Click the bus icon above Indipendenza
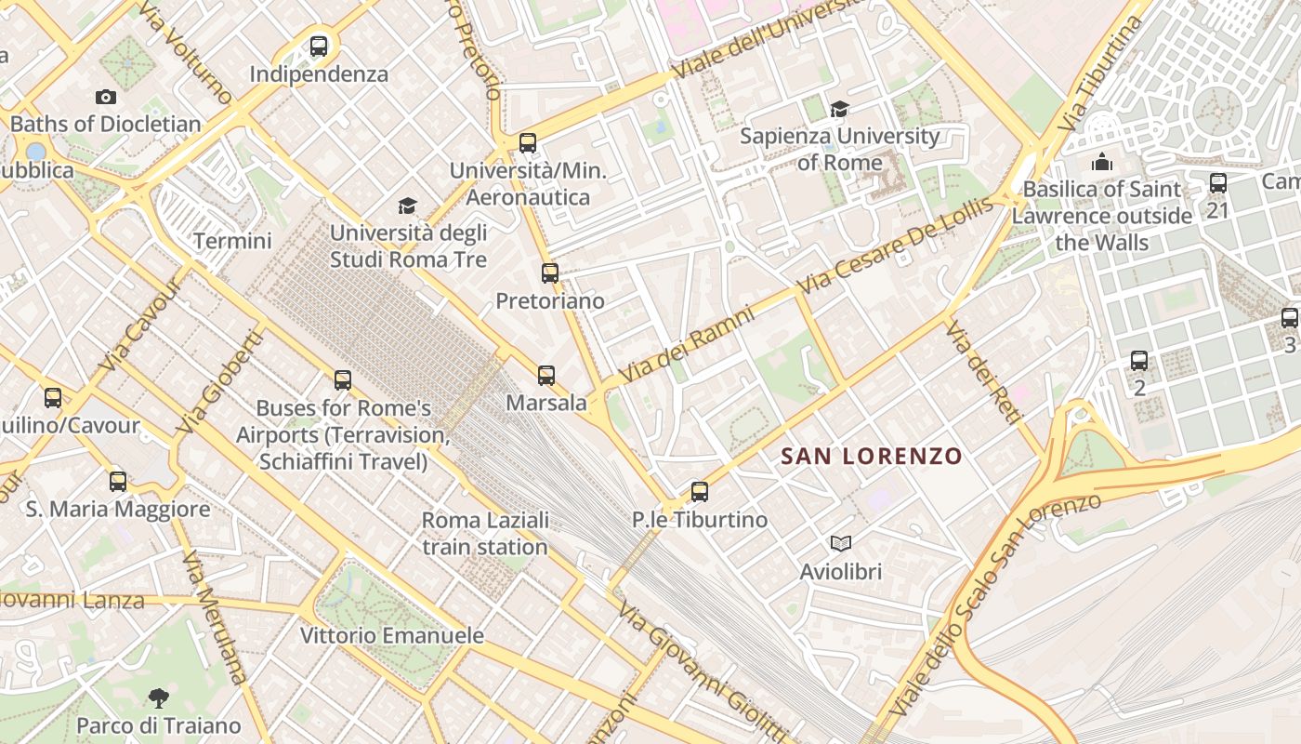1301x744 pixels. [319, 46]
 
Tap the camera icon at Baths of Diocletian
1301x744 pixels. [106, 97]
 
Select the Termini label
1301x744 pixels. [232, 242]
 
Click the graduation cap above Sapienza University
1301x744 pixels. [839, 110]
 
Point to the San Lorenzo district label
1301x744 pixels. [871, 457]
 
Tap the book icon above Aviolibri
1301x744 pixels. [840, 543]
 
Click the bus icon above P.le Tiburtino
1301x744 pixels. [700, 492]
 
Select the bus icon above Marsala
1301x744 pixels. [546, 376]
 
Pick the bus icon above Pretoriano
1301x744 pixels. [550, 273]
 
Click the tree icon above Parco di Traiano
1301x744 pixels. [159, 697]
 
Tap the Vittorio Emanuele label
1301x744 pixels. [391, 636]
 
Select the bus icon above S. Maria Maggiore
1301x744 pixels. [118, 482]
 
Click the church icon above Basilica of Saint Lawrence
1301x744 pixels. [1102, 162]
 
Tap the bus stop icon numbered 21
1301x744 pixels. [1217, 183]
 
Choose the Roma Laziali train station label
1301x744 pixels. [484, 533]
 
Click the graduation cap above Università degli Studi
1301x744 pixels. [407, 206]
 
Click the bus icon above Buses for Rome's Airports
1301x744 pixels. [343, 380]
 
